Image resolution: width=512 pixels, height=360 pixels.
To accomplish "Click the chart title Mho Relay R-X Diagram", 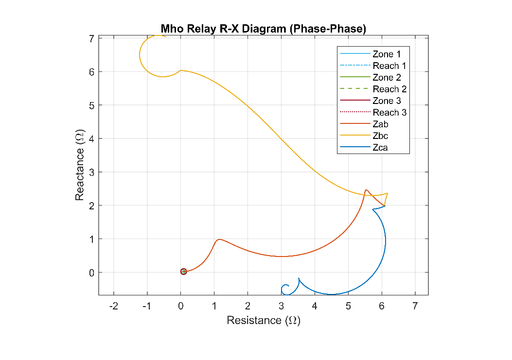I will [263, 29].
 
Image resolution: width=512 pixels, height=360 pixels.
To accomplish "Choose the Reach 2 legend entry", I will [389, 89].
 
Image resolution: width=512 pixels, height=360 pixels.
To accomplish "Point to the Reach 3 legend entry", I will [389, 113].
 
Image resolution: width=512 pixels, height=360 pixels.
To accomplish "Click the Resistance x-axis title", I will [263, 321].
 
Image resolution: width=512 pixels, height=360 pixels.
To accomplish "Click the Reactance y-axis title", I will [80, 165].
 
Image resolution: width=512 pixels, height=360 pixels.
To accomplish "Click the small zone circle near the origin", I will [183, 272].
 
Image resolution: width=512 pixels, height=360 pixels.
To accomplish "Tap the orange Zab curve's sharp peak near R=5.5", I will [366, 190].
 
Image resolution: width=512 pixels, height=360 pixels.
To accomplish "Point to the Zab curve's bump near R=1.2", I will [220, 239].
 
